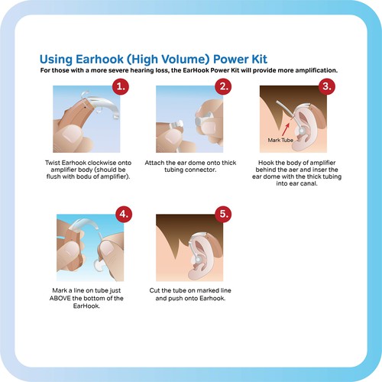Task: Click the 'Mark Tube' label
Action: click(280, 141)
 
